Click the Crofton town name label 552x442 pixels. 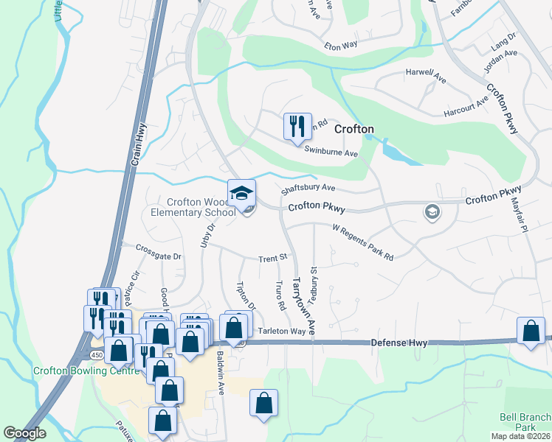[x=354, y=129]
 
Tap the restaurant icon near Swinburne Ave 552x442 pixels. [x=298, y=125]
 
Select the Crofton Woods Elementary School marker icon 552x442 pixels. [x=241, y=193]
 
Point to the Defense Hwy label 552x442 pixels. [x=399, y=343]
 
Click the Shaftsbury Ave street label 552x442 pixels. [x=308, y=189]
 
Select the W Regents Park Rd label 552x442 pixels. [x=363, y=242]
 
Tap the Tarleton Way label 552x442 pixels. [x=282, y=331]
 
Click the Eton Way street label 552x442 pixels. [x=341, y=46]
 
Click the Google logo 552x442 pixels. [x=24, y=433]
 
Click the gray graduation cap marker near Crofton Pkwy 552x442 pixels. [x=432, y=213]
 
